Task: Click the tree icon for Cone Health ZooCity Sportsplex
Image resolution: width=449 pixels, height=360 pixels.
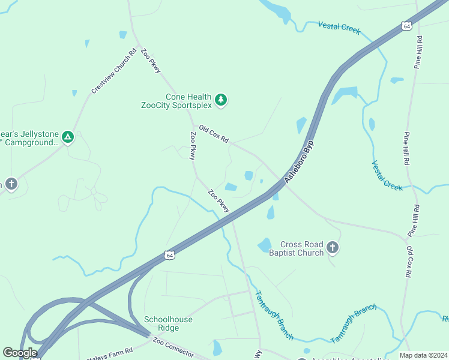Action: click(x=221, y=100)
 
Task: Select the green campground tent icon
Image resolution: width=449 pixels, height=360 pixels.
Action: click(x=68, y=137)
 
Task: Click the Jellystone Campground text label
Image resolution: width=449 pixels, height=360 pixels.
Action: click(x=30, y=138)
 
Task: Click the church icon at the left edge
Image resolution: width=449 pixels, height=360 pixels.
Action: click(x=11, y=184)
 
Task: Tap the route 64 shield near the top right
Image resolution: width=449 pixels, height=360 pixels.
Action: click(x=406, y=26)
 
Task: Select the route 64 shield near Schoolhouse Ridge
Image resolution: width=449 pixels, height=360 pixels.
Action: click(x=170, y=256)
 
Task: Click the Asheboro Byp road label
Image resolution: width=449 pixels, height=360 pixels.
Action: click(x=300, y=163)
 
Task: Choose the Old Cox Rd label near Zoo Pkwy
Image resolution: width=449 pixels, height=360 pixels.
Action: click(x=214, y=134)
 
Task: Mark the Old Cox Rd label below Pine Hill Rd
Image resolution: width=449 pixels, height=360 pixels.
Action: click(x=409, y=261)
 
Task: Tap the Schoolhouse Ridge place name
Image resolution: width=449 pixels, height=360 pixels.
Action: click(x=168, y=324)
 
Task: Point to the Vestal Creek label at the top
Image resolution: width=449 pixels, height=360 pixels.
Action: click(x=339, y=26)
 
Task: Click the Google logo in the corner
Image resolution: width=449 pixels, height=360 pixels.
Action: click(x=20, y=352)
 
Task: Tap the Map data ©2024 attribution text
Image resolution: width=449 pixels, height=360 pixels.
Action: click(x=423, y=355)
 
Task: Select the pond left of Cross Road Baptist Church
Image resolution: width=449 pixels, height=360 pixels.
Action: click(x=264, y=245)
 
